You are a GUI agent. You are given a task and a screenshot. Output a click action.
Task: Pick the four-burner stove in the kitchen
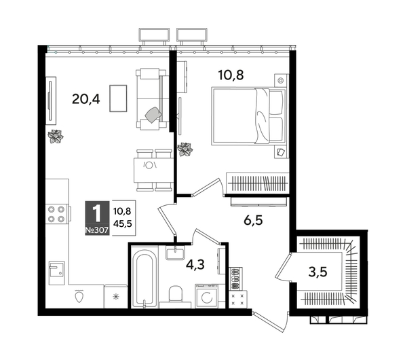(x=58, y=215)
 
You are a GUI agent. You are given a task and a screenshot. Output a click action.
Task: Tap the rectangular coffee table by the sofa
(x=117, y=98)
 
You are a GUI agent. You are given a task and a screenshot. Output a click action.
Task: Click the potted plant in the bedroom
(x=185, y=148)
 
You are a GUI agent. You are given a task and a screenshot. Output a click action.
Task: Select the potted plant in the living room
(x=55, y=136)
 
